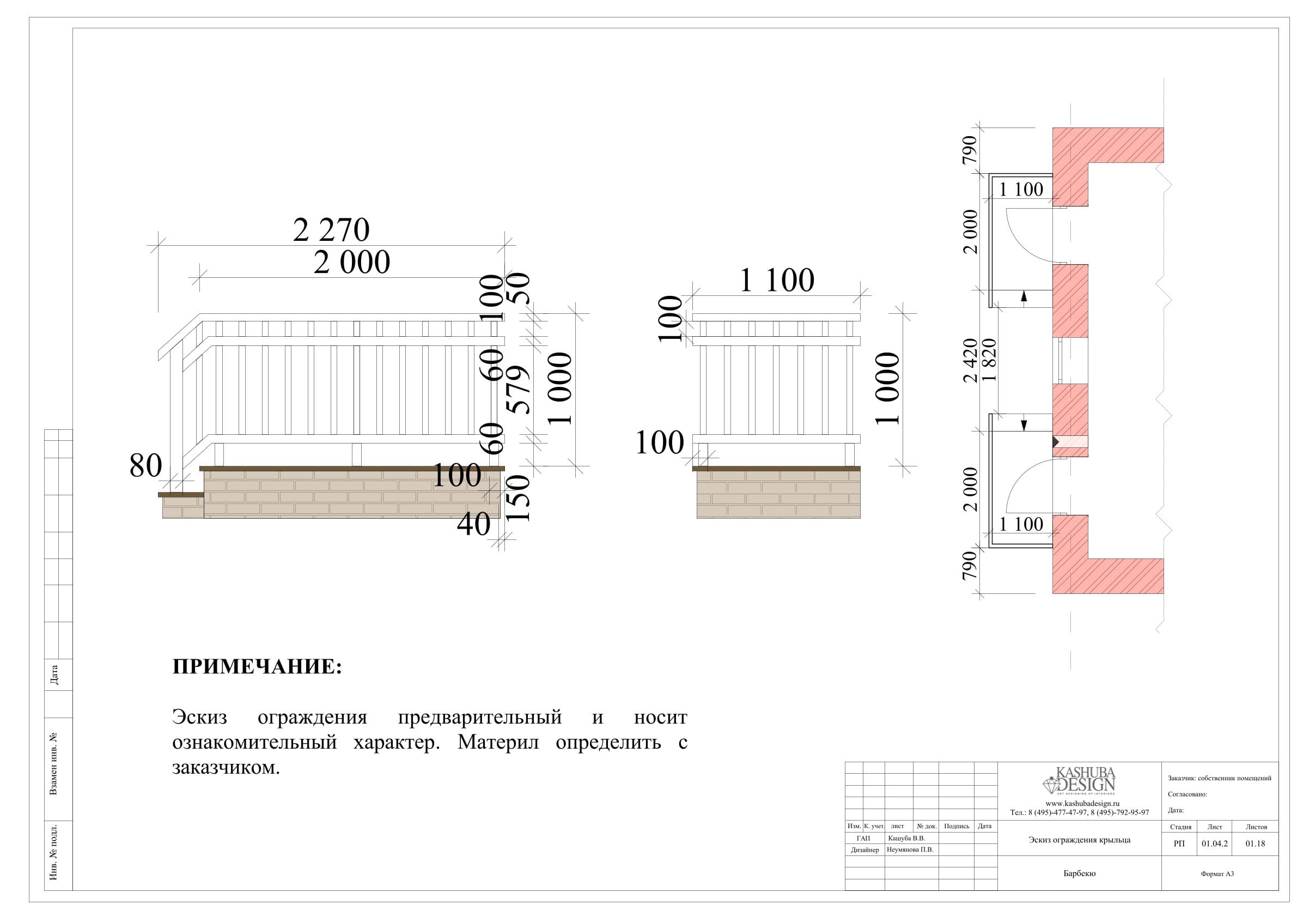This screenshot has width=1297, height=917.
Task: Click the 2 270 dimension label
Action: pos(331,230)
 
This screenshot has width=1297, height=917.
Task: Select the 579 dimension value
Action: pos(519,390)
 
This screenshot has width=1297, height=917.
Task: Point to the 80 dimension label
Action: pos(146,465)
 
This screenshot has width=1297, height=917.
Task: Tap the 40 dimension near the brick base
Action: pos(473,524)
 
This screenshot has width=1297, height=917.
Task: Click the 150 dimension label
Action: pos(519,498)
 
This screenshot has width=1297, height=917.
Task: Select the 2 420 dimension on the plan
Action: pos(970,361)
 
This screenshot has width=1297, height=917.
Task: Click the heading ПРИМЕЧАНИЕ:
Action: pos(257,667)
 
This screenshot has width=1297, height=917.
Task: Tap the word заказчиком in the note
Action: pos(226,768)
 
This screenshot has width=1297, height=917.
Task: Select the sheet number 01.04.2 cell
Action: pos(1215,843)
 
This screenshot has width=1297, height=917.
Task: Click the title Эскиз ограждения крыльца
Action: pos(1080,840)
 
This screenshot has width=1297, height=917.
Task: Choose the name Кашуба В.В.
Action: pos(906,839)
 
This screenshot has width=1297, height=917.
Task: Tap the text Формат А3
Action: pos(1217,873)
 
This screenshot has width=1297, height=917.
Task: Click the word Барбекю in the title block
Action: pos(1080,873)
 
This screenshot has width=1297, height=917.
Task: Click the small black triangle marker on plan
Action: pos(1055,442)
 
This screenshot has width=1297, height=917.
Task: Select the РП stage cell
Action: pos(1179,843)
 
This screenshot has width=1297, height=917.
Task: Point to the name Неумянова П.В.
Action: pos(910,850)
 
